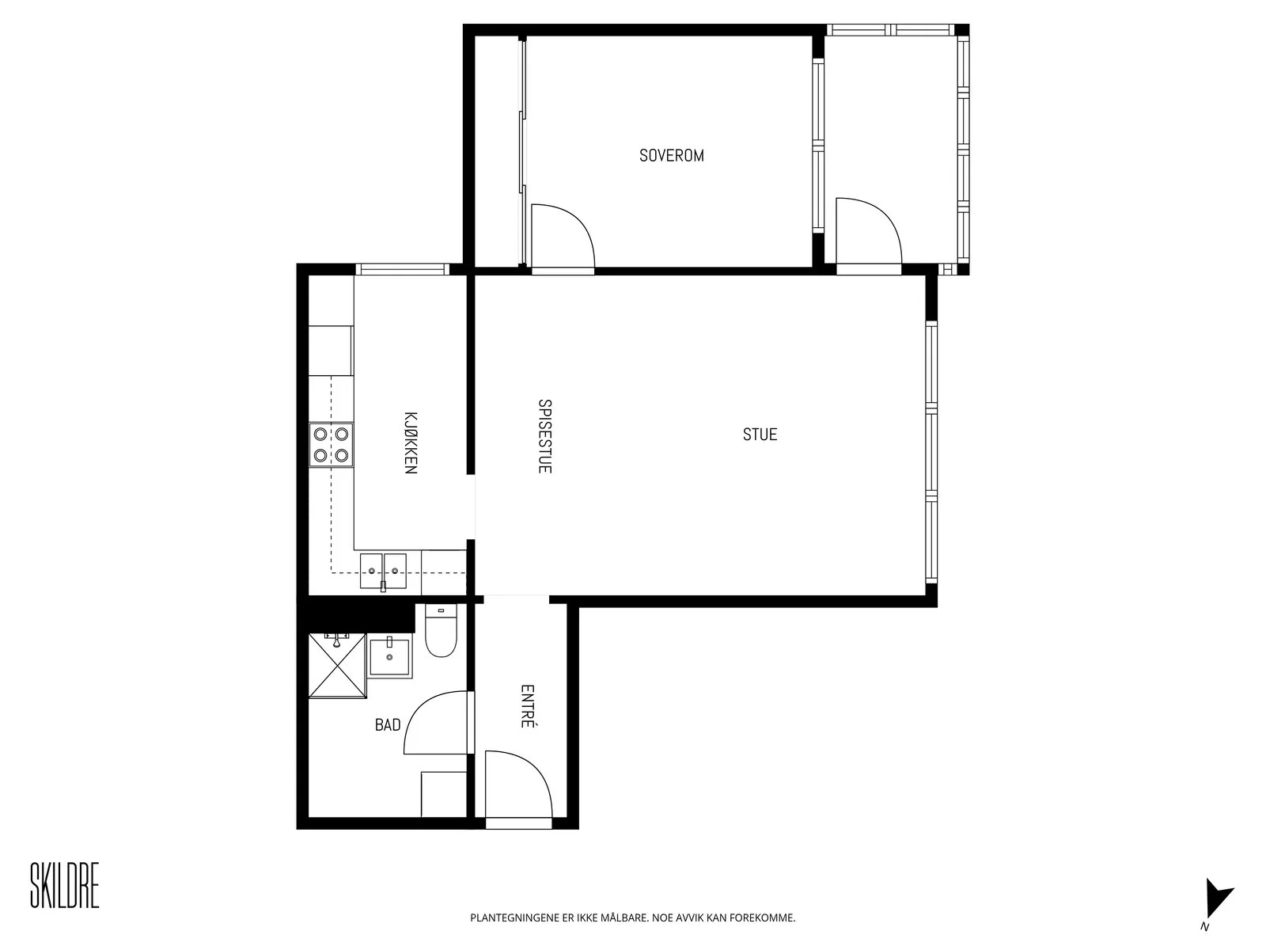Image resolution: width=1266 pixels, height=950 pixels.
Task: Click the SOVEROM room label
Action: [x=671, y=156]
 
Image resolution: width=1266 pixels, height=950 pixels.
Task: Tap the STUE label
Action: [x=760, y=435]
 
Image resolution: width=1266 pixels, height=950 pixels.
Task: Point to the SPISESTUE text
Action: [x=544, y=436]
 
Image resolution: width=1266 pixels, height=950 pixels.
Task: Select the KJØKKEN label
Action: [x=410, y=443]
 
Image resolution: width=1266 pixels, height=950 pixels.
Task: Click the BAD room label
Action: [x=388, y=725]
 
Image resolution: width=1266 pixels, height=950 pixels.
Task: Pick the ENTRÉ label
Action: [x=527, y=706]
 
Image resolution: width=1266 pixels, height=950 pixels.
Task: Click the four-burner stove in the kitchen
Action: [x=331, y=445]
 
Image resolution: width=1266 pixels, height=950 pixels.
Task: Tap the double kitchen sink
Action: [x=383, y=571]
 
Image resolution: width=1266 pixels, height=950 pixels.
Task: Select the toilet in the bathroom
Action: [x=441, y=630]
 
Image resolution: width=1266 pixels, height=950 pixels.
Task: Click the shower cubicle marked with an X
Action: [x=337, y=666]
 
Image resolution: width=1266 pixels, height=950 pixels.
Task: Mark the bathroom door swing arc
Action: [x=416, y=709]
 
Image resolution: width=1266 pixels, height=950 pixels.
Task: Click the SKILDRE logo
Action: [x=65, y=885]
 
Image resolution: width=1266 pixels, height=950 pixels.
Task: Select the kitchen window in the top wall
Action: [x=402, y=269]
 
